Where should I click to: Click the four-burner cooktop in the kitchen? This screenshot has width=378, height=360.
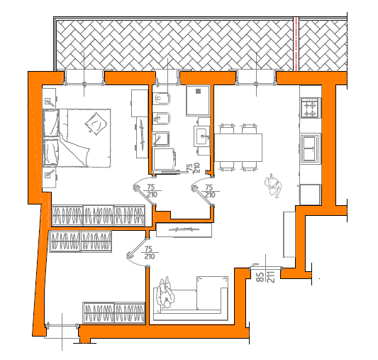310,108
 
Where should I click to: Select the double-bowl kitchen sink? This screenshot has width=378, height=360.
309,148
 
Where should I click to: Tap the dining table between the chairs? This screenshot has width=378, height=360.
238,148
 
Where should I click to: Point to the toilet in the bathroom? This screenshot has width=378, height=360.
161,99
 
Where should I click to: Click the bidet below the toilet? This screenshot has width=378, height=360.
161,119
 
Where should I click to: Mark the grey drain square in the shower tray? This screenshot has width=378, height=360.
198,91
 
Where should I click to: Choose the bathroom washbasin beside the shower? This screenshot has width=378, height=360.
202,136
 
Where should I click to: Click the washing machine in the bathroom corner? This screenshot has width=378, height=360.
164,158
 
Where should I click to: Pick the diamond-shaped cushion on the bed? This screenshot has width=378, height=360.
96,124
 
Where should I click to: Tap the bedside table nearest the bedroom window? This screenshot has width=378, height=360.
50,99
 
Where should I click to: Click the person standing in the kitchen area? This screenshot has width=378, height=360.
273,185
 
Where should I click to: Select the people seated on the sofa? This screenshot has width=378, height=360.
165,293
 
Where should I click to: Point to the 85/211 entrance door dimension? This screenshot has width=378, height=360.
265,277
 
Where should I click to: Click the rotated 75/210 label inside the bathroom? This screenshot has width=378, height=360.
193,168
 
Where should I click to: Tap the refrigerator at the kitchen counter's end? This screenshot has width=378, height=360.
310,195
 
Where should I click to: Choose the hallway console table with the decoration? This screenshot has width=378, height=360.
184,230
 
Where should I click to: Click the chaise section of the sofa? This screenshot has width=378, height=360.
212,293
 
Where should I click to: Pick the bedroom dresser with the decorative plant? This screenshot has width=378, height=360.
142,138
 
